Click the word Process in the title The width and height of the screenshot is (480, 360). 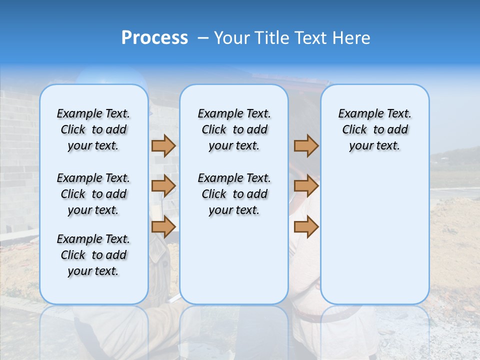(154, 38)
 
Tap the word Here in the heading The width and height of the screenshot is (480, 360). (352, 38)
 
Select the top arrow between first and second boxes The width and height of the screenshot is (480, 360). (163, 146)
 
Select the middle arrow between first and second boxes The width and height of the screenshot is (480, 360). (163, 186)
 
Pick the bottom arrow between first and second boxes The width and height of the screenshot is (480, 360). (163, 226)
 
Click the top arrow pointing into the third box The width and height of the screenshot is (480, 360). (306, 146)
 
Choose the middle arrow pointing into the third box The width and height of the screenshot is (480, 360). (306, 186)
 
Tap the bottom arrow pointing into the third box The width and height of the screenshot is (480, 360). (306, 226)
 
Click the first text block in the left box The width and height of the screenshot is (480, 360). (93, 129)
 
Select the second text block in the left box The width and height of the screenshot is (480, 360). (93, 194)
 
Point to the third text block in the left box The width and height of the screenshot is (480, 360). (93, 255)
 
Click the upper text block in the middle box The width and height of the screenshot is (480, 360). (234, 129)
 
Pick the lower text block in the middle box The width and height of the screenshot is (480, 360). (234, 194)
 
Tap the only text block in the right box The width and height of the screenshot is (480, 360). (375, 129)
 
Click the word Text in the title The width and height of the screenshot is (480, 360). (311, 38)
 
